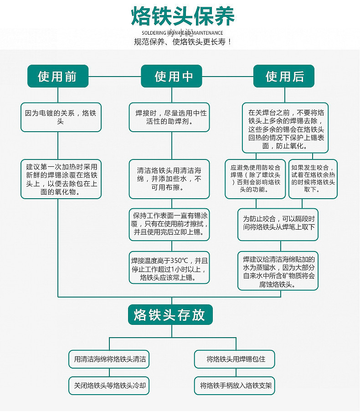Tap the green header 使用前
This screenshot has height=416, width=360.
[57, 76]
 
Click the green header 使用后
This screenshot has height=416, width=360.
[284, 76]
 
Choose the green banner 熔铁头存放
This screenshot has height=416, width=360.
[170, 315]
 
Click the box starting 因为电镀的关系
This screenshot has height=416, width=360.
[61, 117]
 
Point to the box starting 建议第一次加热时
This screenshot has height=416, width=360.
[61, 179]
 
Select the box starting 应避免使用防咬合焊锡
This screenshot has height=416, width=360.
[255, 179]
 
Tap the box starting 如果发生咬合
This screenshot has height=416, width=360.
[313, 179]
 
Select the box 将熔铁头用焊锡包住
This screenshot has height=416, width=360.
[236, 359]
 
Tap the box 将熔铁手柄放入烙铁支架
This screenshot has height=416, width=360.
[236, 385]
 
